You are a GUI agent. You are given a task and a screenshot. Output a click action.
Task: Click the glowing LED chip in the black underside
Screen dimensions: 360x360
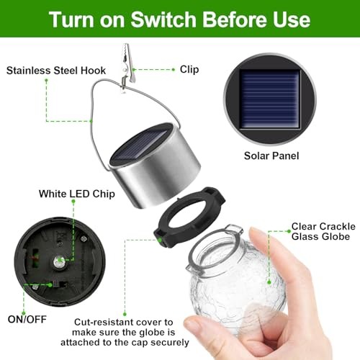click(61, 260)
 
